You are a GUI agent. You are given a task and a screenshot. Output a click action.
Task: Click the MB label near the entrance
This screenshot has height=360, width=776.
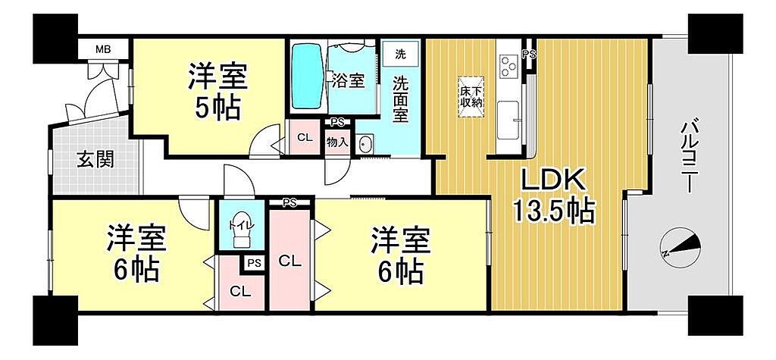point(103,49)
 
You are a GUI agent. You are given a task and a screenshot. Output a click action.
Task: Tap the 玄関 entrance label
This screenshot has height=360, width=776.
point(95,159)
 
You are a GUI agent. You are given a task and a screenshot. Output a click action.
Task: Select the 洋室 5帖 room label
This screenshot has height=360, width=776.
point(217,92)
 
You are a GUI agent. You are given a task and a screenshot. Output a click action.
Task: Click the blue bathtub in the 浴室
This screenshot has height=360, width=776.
point(307,76)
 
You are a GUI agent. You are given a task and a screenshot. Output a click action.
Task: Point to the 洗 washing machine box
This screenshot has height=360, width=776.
point(400,55)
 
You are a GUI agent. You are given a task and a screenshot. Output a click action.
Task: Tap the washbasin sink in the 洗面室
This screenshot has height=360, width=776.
point(366,144)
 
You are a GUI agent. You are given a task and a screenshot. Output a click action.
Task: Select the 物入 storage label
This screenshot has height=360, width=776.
point(337,142)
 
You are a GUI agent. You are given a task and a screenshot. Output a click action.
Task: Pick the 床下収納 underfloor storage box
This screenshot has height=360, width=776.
point(471,97)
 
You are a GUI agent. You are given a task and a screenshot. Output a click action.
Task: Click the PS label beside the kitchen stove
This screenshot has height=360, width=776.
point(530,55)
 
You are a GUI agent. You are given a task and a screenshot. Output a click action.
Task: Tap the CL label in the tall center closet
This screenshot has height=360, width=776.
point(290,261)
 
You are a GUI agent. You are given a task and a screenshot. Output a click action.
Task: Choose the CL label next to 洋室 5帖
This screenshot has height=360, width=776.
point(305,138)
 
